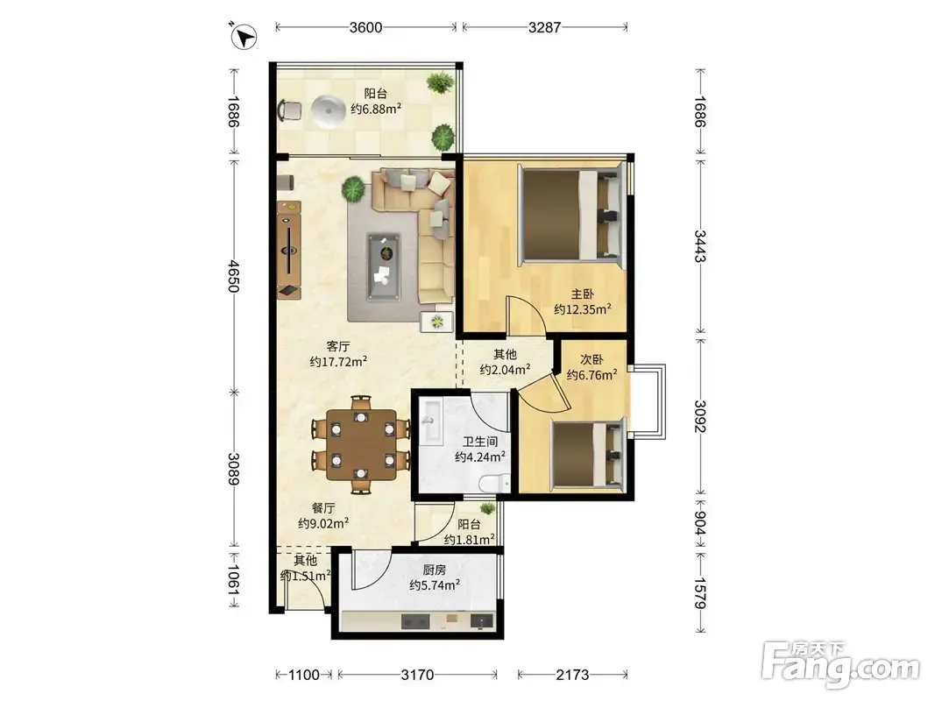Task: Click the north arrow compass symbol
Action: point(244,36)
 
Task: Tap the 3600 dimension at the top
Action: point(365,27)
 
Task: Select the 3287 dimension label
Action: point(544,27)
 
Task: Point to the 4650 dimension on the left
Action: point(234,275)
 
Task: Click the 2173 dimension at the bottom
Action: point(572,675)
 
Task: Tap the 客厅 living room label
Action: point(338,346)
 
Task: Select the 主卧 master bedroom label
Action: point(583,294)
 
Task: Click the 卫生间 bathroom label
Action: point(480,442)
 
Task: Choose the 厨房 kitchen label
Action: point(435,570)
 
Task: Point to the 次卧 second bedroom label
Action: point(592,359)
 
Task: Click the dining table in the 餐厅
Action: point(361,444)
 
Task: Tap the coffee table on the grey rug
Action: point(384,266)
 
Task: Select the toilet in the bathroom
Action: point(493,482)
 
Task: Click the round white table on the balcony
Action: point(328,111)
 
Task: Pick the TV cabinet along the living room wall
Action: point(289,249)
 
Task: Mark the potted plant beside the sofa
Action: point(354,189)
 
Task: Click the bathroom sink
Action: point(430,421)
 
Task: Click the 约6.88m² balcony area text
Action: point(376,109)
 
